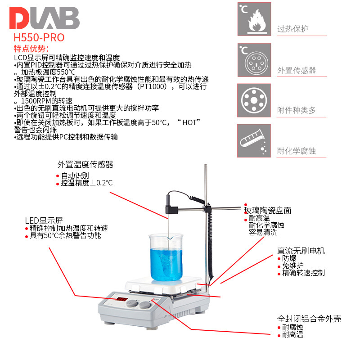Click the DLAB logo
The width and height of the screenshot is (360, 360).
[44, 19]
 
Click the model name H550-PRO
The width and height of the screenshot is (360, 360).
[39, 37]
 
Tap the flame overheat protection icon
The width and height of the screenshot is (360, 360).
[254, 19]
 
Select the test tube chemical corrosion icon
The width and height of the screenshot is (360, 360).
[254, 141]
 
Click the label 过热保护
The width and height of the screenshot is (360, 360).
[293, 29]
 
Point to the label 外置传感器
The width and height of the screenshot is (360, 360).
[297, 70]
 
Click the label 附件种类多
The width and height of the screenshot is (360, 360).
[297, 110]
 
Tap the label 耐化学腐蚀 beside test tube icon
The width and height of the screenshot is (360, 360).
[297, 151]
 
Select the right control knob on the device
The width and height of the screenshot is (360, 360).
[145, 305]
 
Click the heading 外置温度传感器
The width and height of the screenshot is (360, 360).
[85, 165]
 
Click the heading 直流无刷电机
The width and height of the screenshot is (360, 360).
[301, 251]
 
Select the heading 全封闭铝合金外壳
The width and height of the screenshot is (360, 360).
[309, 319]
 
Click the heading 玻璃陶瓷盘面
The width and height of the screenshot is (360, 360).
[268, 210]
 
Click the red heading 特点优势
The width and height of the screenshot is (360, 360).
[31, 49]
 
